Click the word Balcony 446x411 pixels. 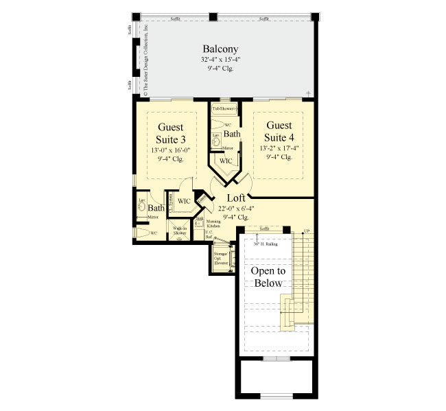(220, 49)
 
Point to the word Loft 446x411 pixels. (236, 198)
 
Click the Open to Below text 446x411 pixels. (267, 277)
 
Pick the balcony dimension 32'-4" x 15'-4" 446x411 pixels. (220, 60)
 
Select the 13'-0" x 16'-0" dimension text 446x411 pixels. (171, 150)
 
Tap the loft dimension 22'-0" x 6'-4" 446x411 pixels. (236, 208)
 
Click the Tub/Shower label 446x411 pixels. (224, 108)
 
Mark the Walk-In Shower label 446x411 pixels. (180, 231)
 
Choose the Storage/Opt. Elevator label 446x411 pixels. (221, 259)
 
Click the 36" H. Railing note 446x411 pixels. (265, 243)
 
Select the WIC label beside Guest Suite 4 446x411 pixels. (226, 161)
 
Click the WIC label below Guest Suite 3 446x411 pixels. (184, 201)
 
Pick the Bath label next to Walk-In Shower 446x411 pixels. (156, 208)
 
